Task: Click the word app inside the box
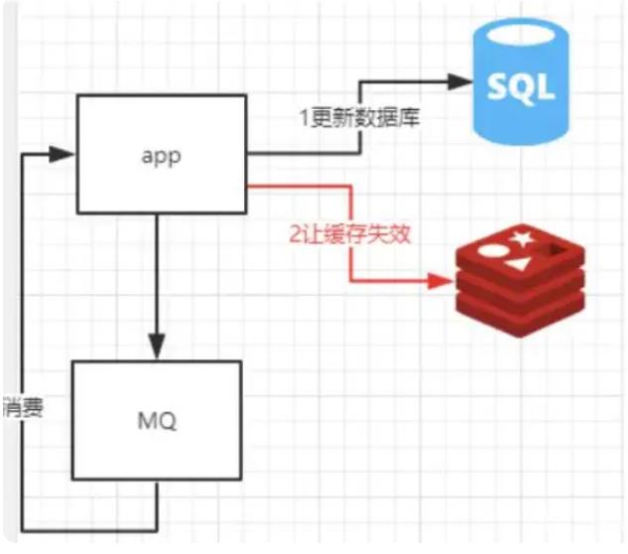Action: point(161,157)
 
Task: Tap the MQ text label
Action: point(157,421)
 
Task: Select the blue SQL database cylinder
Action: point(521,81)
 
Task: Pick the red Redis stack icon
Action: point(520,281)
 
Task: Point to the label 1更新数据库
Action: point(360,118)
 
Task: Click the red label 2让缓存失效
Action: point(350,234)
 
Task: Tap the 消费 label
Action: point(23,408)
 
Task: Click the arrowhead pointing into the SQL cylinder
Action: point(459,81)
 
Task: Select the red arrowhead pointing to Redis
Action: point(441,281)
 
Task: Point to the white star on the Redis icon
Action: point(522,239)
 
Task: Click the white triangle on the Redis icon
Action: point(518,264)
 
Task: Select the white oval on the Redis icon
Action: point(493,251)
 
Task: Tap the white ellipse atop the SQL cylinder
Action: point(521,36)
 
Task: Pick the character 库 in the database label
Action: point(408,118)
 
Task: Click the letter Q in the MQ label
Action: point(169,422)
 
